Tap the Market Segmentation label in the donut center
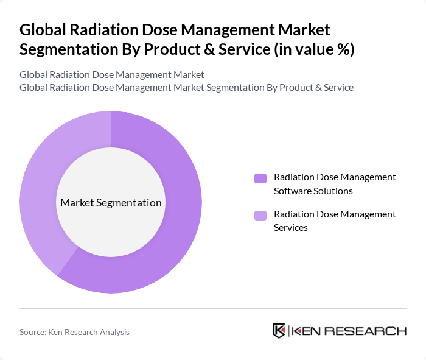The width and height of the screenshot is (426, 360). [111, 203]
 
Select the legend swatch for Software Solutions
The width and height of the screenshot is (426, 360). [260, 178]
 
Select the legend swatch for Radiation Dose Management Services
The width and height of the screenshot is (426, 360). [260, 215]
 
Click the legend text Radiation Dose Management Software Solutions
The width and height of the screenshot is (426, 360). [335, 184]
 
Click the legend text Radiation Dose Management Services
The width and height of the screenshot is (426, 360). [335, 221]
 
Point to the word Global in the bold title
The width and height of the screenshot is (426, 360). [43, 29]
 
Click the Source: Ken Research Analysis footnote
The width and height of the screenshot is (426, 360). [74, 332]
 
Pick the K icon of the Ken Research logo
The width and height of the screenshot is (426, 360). [279, 331]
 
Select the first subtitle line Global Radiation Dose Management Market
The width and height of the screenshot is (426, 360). [111, 74]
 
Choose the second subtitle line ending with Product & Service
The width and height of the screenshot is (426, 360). [186, 87]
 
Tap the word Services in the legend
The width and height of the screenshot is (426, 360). [291, 227]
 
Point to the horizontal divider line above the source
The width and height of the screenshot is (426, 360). [213, 308]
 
